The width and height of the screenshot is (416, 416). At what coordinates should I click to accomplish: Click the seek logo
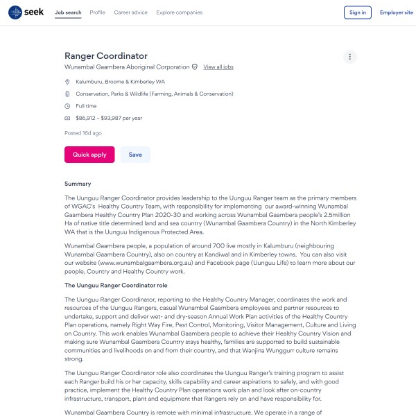(x=26, y=12)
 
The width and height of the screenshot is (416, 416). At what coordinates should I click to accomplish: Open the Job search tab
(x=68, y=12)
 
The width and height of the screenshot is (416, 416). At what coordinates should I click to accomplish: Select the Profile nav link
(x=98, y=12)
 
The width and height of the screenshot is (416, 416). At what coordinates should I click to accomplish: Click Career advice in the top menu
(x=131, y=12)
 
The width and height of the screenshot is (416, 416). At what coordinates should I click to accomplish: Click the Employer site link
(x=396, y=12)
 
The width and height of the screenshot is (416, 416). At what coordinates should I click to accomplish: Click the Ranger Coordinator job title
(x=106, y=55)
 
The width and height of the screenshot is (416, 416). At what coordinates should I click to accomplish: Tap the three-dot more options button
(x=350, y=57)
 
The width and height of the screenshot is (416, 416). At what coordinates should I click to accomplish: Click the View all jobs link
(x=218, y=67)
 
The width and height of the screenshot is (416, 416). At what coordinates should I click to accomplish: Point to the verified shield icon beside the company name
(x=195, y=67)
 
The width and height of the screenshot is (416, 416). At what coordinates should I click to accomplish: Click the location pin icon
(x=67, y=82)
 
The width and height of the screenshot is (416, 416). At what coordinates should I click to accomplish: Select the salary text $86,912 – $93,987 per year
(x=109, y=119)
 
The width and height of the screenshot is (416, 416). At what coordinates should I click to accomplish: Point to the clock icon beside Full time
(x=67, y=106)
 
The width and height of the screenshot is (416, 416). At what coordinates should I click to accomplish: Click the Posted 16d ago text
(x=83, y=132)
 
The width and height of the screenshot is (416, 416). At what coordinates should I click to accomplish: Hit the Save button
(x=135, y=155)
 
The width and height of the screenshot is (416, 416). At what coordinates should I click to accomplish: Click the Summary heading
(x=78, y=184)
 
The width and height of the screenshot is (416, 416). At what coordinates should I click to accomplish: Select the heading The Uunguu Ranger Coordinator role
(x=115, y=285)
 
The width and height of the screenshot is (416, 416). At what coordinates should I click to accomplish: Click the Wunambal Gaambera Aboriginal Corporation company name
(x=127, y=67)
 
